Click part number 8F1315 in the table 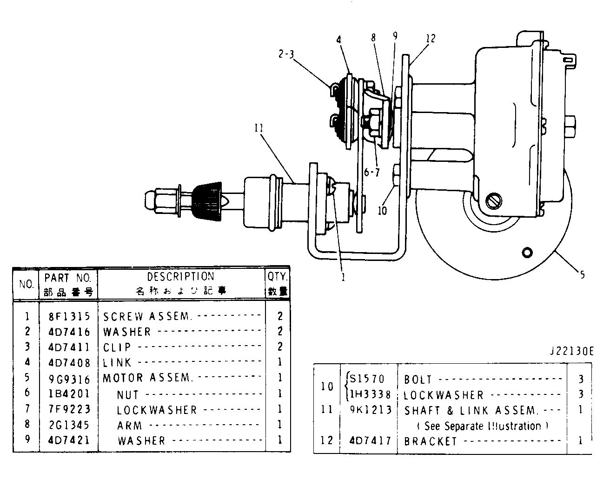(69, 317)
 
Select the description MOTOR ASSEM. (147, 378)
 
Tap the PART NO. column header (69, 278)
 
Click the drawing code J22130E (571, 351)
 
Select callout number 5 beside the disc (582, 275)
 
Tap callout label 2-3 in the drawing (286, 54)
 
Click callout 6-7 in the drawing (372, 173)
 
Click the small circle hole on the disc (527, 253)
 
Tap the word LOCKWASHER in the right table (444, 395)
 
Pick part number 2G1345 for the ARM (69, 425)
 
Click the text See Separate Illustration (479, 426)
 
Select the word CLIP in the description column (117, 347)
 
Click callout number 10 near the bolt (382, 210)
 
